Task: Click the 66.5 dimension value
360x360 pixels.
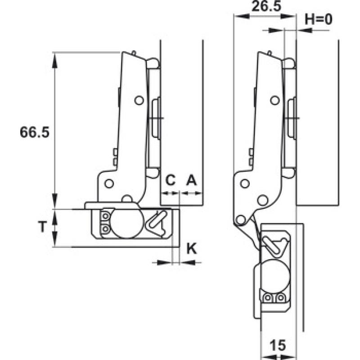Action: [35, 132]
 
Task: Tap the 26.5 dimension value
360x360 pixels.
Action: [266, 6]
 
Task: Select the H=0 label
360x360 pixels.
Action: [319, 19]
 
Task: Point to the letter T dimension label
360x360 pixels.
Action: [42, 227]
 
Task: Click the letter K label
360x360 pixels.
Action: [192, 248]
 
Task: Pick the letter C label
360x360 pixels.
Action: [171, 180]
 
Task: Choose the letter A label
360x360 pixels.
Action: [192, 180]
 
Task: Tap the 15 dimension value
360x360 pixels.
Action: [278, 345]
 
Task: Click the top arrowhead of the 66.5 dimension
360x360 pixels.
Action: [54, 60]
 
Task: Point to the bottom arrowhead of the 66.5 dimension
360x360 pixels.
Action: [54, 201]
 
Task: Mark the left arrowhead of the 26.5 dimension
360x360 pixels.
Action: [242, 16]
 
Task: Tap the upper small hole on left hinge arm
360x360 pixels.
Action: [139, 100]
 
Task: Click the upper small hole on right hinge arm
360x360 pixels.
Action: [275, 100]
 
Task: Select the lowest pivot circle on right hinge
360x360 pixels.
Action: [240, 220]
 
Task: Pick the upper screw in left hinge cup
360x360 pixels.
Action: [105, 216]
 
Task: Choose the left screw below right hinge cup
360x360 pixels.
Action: [268, 298]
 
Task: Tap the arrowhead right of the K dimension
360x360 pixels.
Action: [187, 262]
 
